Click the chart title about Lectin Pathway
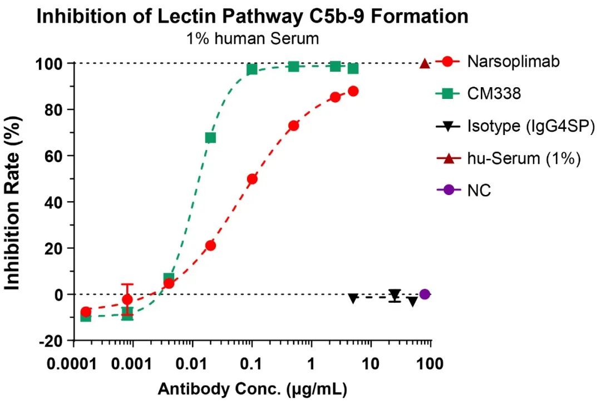point(252,17)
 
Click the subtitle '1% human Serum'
point(252,39)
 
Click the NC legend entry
point(479,191)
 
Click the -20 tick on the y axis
point(53,340)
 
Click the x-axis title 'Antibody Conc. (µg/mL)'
point(252,389)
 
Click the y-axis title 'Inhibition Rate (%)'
point(13,202)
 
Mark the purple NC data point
point(425,294)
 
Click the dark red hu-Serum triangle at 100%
point(425,64)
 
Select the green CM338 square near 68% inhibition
point(210,138)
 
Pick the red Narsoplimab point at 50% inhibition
point(252,179)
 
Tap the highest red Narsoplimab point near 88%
point(353,91)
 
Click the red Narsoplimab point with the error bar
point(127,299)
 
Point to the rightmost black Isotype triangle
point(412,301)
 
